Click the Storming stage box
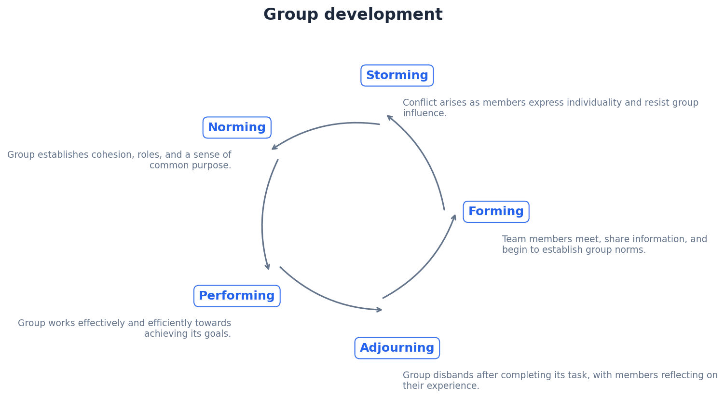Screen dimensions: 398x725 point(397,76)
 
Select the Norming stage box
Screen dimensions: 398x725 point(237,128)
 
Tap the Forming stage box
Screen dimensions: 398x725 point(496,212)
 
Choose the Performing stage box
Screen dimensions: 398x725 point(237,296)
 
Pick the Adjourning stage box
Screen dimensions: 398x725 point(397,348)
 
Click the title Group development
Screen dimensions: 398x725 point(353,15)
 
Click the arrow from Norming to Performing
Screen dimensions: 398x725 point(263,217)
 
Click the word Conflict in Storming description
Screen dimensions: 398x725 point(417,103)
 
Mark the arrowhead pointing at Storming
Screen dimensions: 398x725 point(389,117)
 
